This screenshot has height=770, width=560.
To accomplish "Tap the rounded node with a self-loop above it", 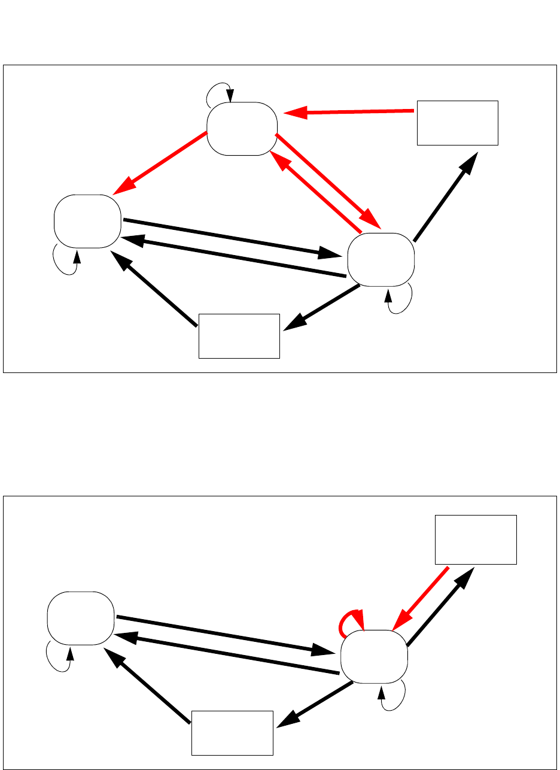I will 242,129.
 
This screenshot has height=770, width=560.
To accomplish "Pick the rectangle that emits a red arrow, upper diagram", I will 457,123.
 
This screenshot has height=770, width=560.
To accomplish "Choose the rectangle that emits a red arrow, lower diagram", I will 476,539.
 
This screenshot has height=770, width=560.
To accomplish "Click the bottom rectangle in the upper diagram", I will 239,335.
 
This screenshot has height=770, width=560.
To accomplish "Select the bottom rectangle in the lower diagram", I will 232,733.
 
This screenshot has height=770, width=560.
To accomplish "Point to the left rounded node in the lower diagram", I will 81,618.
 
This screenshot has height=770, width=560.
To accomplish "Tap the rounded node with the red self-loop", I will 374,657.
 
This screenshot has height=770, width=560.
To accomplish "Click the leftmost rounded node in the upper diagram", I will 87,221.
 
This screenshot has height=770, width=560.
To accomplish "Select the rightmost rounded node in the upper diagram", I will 381,259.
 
